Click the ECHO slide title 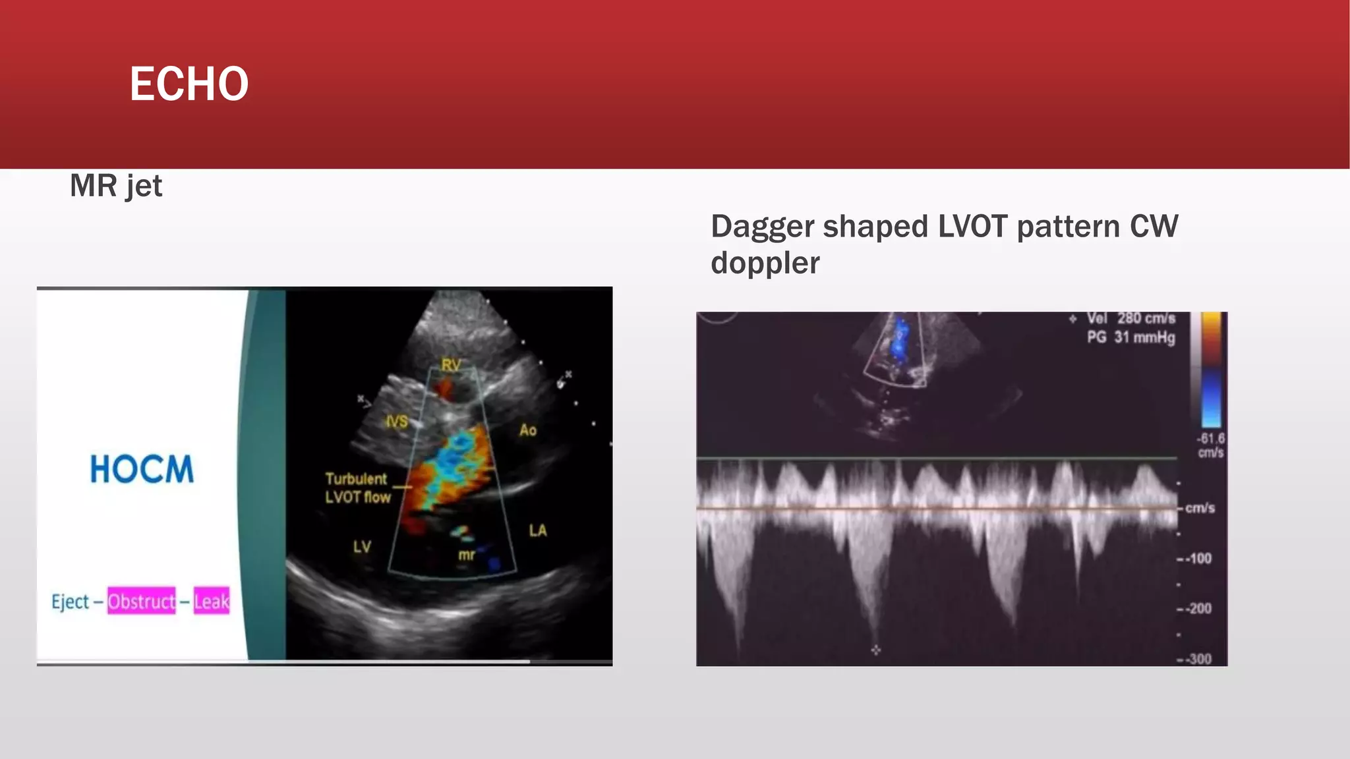pyautogui.click(x=189, y=84)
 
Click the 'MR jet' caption pyautogui.click(x=116, y=186)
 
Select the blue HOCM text pyautogui.click(x=142, y=470)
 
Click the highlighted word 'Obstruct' pyautogui.click(x=142, y=601)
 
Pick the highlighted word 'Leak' pyautogui.click(x=212, y=601)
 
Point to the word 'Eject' pyautogui.click(x=70, y=602)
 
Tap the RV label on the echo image pyautogui.click(x=451, y=365)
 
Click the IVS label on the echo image pyautogui.click(x=397, y=422)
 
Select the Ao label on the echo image pyautogui.click(x=528, y=430)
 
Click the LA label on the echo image pyautogui.click(x=538, y=530)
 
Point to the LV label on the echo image pyautogui.click(x=362, y=546)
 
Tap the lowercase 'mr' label pyautogui.click(x=467, y=555)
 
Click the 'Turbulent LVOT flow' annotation pyautogui.click(x=357, y=488)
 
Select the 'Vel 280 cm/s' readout pyautogui.click(x=1130, y=318)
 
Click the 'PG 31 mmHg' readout pyautogui.click(x=1130, y=337)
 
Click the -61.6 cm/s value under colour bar pyautogui.click(x=1211, y=445)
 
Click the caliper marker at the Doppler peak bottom pyautogui.click(x=875, y=650)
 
